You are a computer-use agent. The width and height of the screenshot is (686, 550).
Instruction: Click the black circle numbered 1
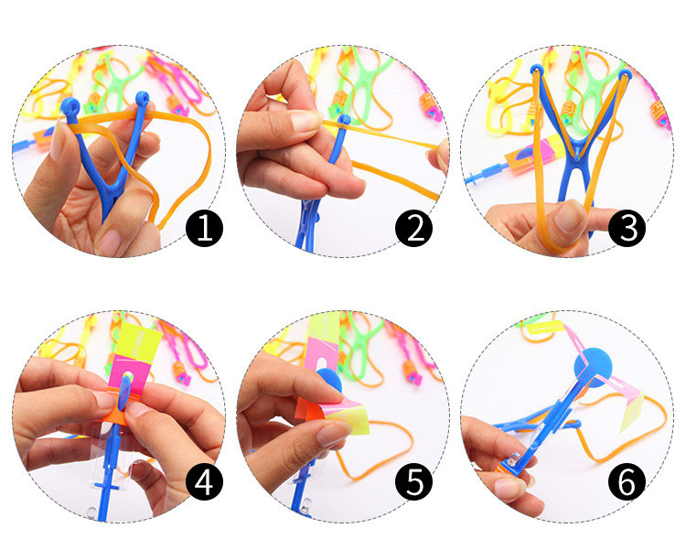coord(204,228)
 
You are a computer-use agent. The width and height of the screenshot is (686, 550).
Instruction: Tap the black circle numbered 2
coord(413,228)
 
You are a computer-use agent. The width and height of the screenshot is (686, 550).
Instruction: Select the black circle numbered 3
coord(627,228)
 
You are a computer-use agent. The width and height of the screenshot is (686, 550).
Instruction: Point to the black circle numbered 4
coord(204,481)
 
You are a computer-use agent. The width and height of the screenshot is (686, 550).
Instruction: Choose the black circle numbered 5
coord(413,481)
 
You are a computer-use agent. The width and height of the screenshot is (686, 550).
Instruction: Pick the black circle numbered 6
coord(627,481)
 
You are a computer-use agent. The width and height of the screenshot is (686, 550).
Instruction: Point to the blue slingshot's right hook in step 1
coord(142,99)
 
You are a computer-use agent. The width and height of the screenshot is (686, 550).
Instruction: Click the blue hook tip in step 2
coord(344,120)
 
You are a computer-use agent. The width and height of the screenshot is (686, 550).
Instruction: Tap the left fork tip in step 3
coord(537,69)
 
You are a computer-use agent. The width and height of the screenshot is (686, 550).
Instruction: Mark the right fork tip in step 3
coord(627,73)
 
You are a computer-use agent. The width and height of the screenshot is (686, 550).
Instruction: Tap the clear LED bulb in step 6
coord(514,459)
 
